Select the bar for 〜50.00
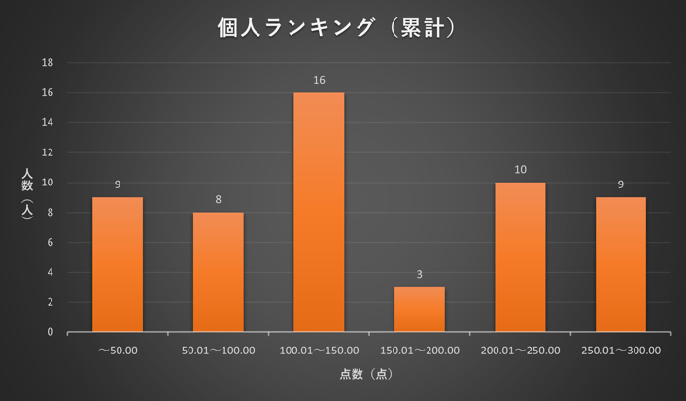point(118,264)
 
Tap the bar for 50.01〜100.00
point(218,272)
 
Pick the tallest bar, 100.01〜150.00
point(319,212)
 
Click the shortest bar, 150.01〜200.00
point(420,309)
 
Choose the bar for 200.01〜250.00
point(520,257)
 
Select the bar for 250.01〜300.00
point(621,264)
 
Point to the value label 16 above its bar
point(319,80)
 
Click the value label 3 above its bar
point(420,274)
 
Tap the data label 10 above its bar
point(520,169)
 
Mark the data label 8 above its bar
point(218,199)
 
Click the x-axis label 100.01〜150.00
point(319,351)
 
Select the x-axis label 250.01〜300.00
point(621,351)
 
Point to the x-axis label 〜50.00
point(118,351)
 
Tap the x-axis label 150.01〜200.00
point(420,351)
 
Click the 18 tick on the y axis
point(48,63)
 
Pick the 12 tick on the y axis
point(48,152)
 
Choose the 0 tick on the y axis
point(51,332)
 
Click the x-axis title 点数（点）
point(366,374)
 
